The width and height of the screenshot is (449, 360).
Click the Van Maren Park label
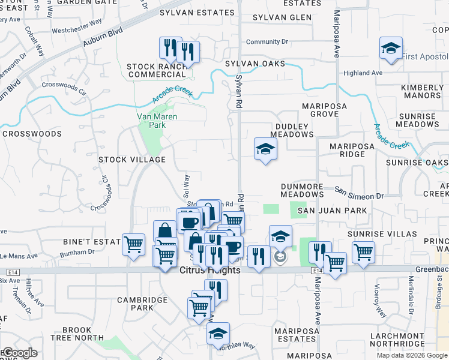[157, 121]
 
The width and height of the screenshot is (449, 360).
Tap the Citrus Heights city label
[210, 271]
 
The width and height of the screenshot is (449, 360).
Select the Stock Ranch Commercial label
[157, 70]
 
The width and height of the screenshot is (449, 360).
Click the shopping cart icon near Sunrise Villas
[363, 252]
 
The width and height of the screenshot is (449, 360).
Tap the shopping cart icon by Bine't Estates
[133, 244]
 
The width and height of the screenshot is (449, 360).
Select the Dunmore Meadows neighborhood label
[302, 191]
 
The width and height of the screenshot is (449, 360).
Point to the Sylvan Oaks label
[255, 63]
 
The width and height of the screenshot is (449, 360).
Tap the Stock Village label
[132, 160]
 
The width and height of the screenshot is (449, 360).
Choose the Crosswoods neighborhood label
[32, 134]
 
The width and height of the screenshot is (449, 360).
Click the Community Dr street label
[267, 42]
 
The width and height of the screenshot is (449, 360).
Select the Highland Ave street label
[363, 73]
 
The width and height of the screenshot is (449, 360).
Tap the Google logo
[19, 353]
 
